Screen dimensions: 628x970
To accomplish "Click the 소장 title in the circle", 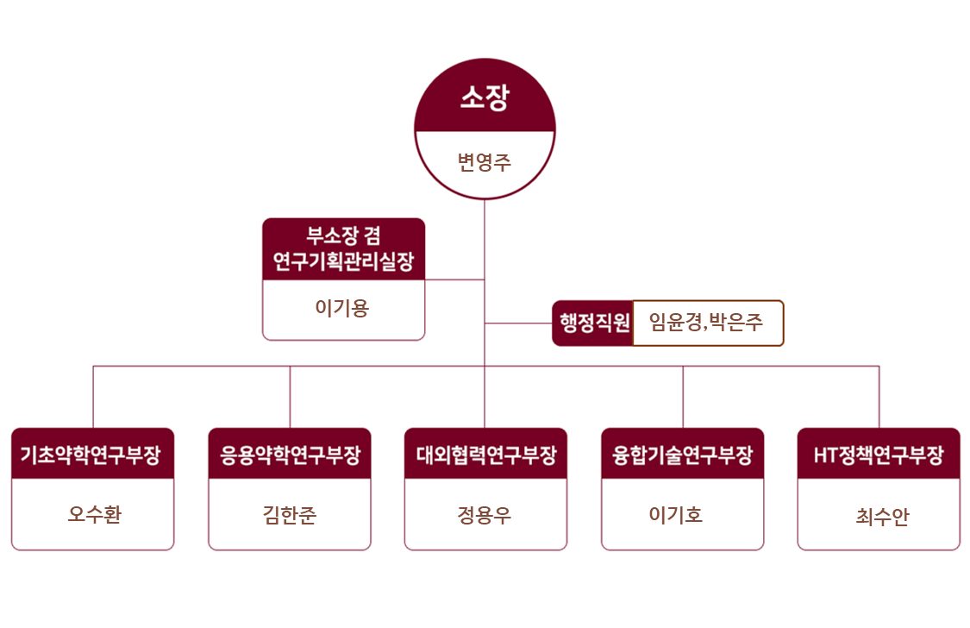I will click(x=485, y=98).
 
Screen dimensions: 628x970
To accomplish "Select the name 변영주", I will click(x=485, y=161).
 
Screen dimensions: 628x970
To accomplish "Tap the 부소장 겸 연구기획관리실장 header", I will click(x=343, y=248).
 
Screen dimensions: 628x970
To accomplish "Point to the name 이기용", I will click(x=342, y=308).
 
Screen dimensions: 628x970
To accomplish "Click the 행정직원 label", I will click(x=594, y=323).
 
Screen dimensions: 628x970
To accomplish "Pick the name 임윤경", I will click(x=677, y=323).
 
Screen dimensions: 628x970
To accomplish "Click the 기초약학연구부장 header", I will click(x=92, y=455).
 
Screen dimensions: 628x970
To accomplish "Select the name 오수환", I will click(x=94, y=515).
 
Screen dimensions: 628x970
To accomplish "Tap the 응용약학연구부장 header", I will click(x=290, y=455).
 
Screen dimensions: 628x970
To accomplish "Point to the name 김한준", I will click(x=290, y=515).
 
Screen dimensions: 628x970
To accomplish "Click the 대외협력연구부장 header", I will click(x=485, y=455).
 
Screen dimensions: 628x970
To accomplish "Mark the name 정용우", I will click(x=485, y=515).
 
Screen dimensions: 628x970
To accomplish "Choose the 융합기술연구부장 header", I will click(x=682, y=455).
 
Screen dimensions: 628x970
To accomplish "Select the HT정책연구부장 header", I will click(x=879, y=455).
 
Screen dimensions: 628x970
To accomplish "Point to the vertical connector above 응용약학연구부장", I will click(x=290, y=397).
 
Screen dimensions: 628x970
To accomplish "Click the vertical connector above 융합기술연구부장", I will click(x=683, y=397).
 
